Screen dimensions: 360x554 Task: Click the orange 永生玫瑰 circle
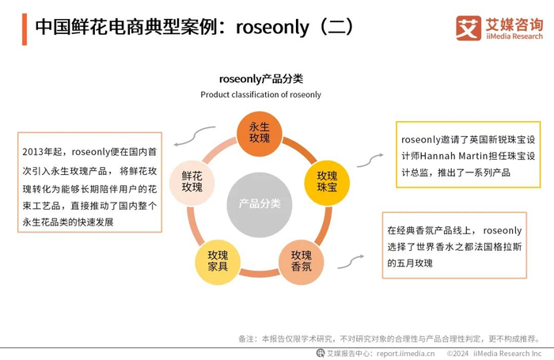tap(260, 132)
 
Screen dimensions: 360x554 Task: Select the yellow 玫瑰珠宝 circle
tap(327, 181)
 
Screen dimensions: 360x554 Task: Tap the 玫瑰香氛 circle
tap(301, 260)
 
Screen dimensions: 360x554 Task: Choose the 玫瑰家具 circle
tap(218, 260)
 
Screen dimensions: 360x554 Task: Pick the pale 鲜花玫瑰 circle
tap(192, 181)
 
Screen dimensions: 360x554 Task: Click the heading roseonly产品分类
tap(261, 79)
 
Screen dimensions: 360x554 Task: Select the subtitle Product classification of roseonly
tap(261, 95)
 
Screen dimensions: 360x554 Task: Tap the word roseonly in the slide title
tap(269, 27)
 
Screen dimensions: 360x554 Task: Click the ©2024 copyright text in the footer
tap(458, 353)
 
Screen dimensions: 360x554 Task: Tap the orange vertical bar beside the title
tap(24, 28)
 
